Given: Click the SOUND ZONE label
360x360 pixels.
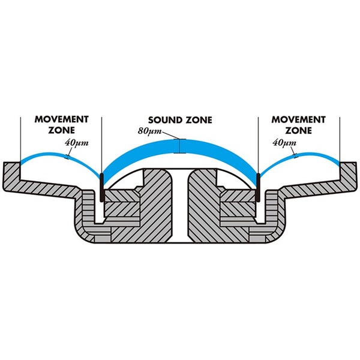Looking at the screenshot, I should [180, 119].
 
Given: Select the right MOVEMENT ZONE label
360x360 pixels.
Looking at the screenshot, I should [298, 124].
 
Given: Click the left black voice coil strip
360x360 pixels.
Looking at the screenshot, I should [103, 186].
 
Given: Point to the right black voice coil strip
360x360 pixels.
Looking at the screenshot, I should [258, 186].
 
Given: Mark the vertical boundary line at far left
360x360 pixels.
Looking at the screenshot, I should [20, 138].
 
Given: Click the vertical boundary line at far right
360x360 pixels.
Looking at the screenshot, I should [340, 138].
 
